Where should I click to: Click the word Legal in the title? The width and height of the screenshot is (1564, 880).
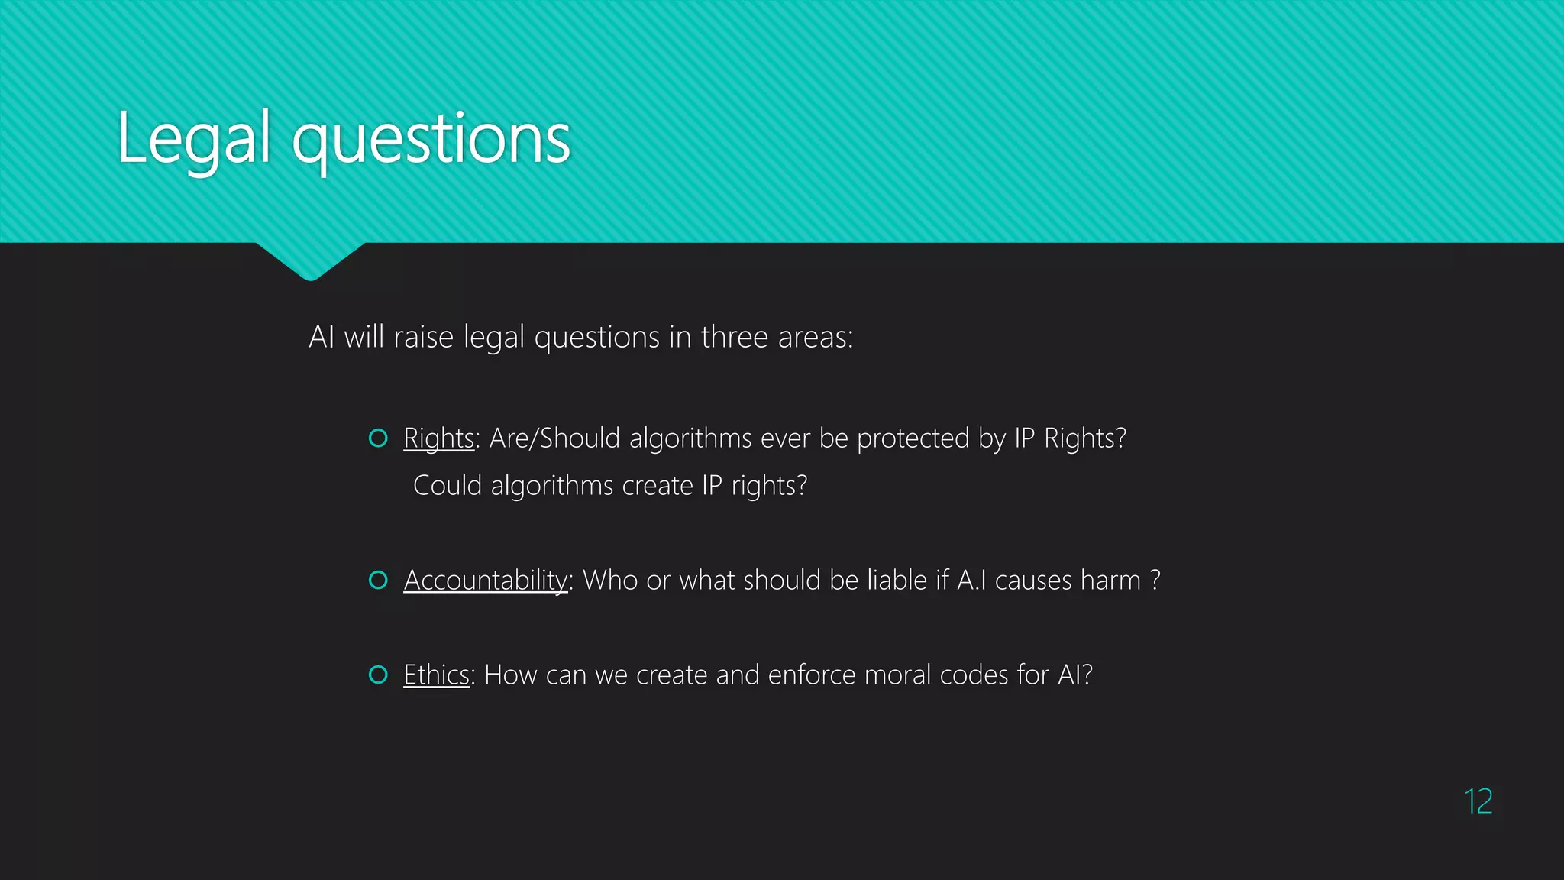[194, 139]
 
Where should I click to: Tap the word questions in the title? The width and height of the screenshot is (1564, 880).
[431, 141]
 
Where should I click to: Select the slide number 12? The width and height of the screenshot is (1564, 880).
[1478, 801]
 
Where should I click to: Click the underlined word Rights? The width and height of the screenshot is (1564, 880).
[439, 438]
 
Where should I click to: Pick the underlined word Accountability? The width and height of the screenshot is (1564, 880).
[486, 581]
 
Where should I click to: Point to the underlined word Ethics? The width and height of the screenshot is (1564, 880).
[436, 675]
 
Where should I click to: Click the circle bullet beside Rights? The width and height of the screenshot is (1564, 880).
[378, 438]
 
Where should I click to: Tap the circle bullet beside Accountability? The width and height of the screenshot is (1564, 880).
[378, 580]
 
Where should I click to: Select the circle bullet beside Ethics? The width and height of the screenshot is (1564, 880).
[378, 675]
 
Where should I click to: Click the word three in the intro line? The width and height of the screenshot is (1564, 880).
[734, 337]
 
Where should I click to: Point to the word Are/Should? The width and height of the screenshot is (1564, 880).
[554, 438]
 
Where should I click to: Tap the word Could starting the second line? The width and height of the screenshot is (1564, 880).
[447, 486]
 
